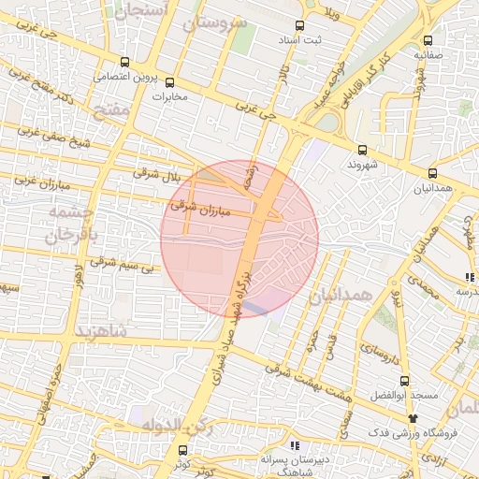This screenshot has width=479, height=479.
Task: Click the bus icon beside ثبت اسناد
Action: click(x=299, y=26)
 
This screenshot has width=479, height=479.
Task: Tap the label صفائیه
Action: click(x=428, y=55)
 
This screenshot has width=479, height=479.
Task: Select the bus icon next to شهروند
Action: click(x=363, y=150)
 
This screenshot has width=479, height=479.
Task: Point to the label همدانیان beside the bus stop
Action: click(x=432, y=189)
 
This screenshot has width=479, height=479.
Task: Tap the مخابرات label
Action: click(x=170, y=96)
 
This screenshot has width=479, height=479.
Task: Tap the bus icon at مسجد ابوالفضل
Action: click(x=404, y=381)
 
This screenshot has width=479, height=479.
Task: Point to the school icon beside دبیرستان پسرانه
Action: click(x=295, y=445)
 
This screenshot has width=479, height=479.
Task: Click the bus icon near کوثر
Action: click(x=181, y=450)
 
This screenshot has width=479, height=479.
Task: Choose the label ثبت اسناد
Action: click(x=299, y=42)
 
